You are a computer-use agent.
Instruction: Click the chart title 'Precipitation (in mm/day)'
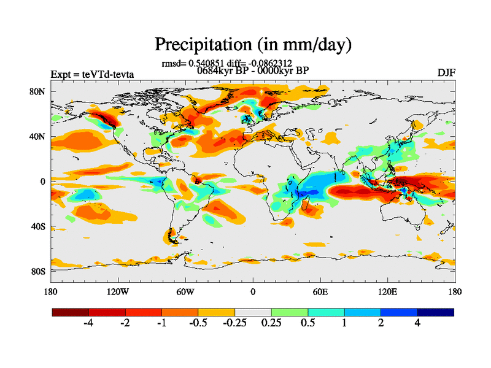[x=253, y=44]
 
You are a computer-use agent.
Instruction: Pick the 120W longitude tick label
[x=117, y=291]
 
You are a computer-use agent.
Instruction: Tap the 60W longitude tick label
[x=185, y=291]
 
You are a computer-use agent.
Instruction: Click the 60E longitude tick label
[x=320, y=291]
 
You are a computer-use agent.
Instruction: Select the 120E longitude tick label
[x=388, y=291]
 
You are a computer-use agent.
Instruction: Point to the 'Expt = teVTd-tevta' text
[x=92, y=75]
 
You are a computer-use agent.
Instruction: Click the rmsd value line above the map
[x=226, y=63]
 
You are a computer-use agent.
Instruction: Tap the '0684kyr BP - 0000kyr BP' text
[x=253, y=70]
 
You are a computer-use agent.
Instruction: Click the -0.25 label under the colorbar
[x=234, y=324]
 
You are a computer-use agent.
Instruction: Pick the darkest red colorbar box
[x=71, y=312]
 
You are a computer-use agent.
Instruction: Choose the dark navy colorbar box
[x=436, y=312]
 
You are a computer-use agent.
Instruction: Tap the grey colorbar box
[x=253, y=312]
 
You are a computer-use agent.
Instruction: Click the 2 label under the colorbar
[x=381, y=324]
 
